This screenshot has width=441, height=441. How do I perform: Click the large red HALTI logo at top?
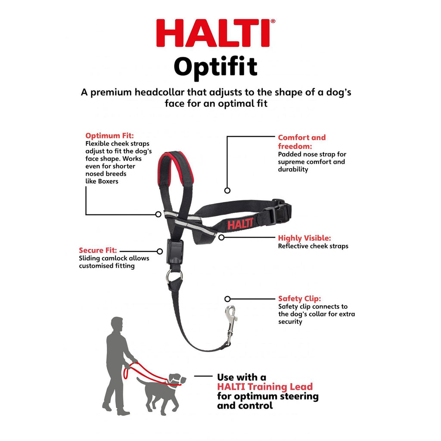point(213,33)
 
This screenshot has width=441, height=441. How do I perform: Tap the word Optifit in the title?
point(215,67)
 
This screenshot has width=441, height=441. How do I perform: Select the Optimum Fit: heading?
point(109,135)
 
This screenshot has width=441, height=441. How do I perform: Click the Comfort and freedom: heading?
point(301,141)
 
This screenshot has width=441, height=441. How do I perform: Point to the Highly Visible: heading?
point(304,238)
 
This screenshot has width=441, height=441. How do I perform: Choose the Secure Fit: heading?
point(97,250)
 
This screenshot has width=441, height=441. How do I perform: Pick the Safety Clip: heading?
point(299,298)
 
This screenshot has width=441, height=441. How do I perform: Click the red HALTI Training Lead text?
point(265,387)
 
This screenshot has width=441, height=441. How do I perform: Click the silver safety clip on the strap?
point(231,323)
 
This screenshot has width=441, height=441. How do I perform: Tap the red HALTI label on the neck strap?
point(238,225)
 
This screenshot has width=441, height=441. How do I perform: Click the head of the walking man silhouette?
point(116,324)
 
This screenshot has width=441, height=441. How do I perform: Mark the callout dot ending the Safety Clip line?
point(227,298)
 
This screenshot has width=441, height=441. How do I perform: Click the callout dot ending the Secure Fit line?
point(160,251)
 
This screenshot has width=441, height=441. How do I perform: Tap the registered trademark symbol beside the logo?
point(273,21)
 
